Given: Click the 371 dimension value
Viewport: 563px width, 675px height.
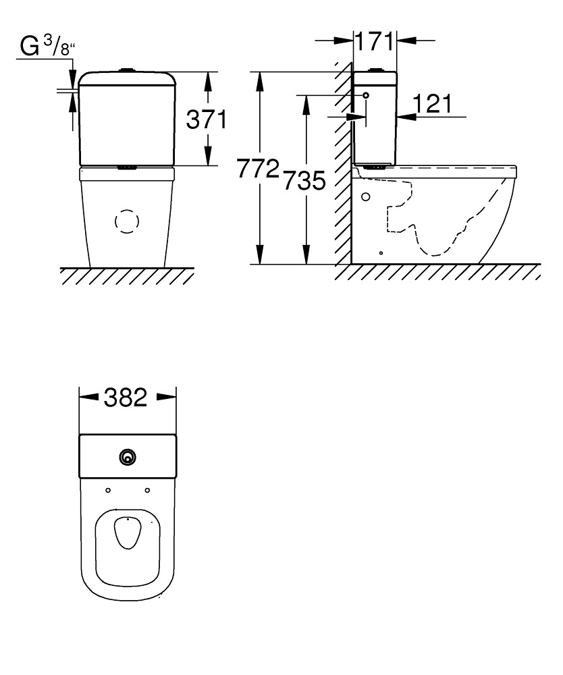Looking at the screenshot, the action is tap(206, 119).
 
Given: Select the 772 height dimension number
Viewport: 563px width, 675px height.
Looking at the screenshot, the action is tap(259, 168).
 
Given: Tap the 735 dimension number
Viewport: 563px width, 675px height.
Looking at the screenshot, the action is tap(304, 180).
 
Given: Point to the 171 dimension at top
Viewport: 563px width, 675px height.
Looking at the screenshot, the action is tap(374, 42).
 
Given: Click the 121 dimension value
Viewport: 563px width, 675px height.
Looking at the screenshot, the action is tap(433, 104).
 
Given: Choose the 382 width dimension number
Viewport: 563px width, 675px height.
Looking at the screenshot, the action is tap(126, 398).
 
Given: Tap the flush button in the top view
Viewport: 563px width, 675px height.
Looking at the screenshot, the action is tap(128, 457).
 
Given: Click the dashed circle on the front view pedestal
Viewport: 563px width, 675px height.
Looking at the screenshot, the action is tap(127, 221).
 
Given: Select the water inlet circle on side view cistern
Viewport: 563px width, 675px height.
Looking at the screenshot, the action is tap(366, 95).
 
